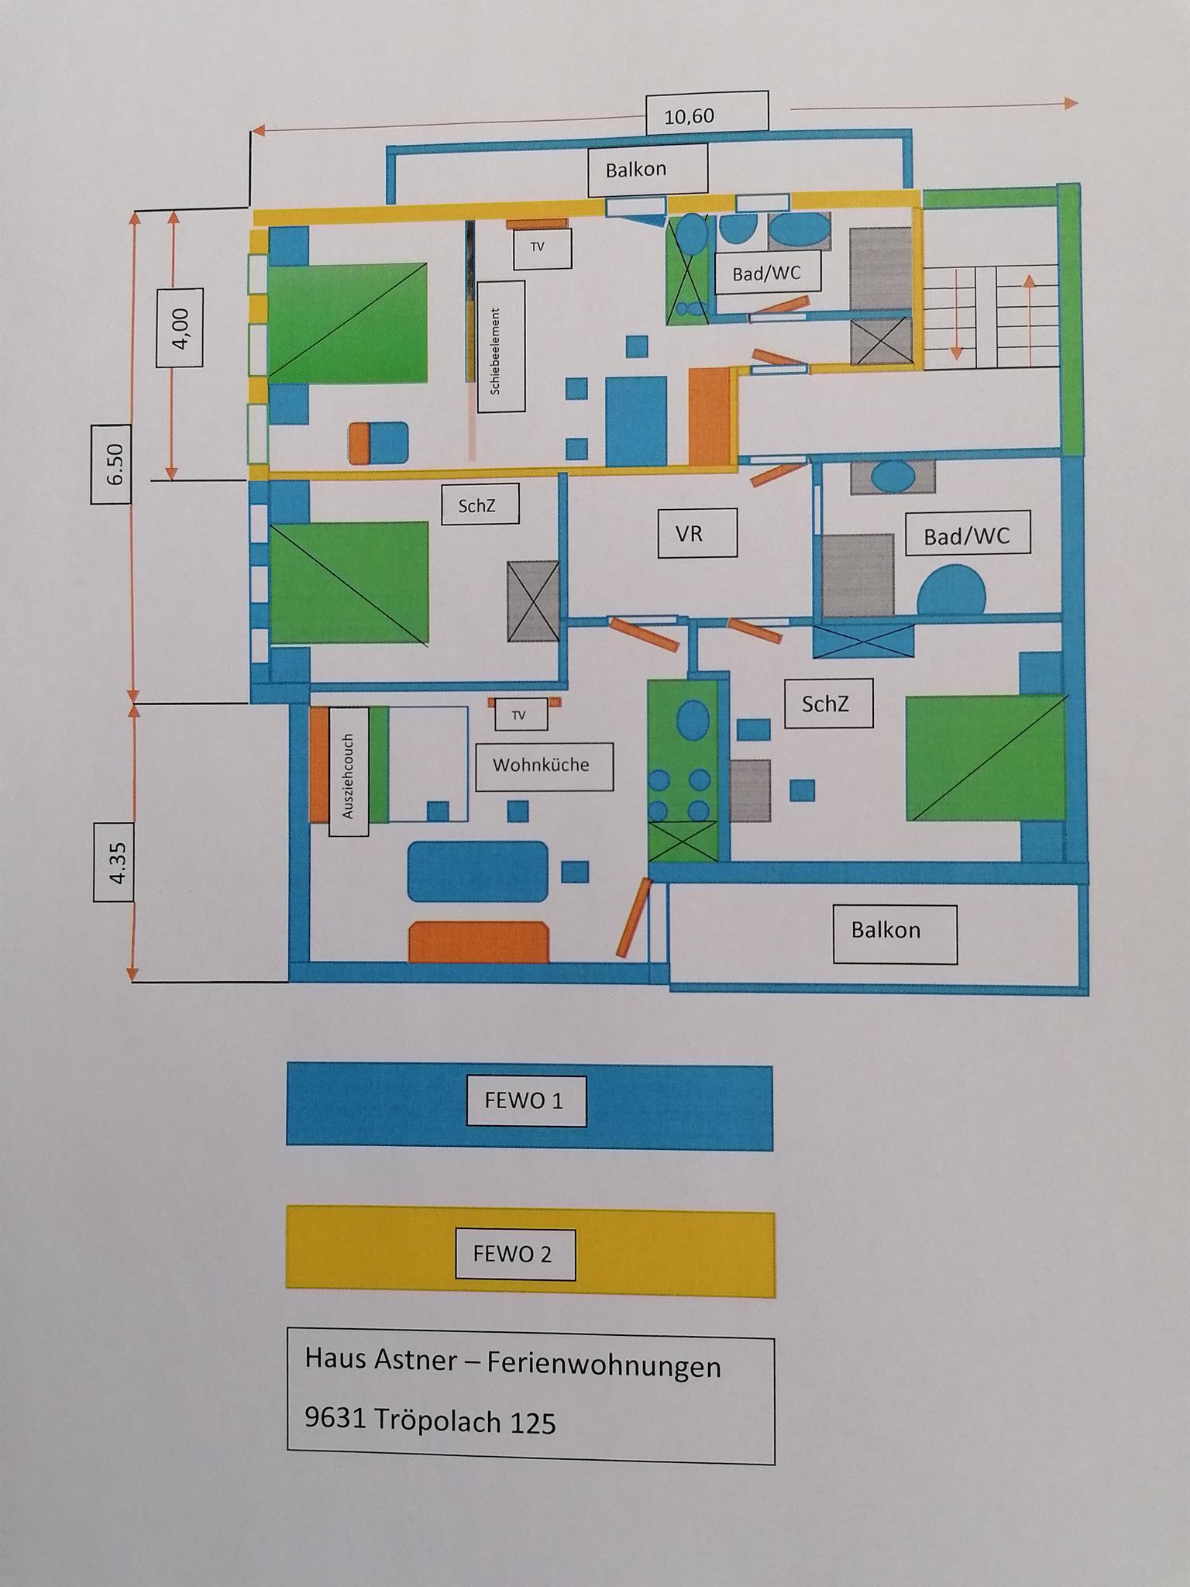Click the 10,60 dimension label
point(689,116)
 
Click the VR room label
point(689,533)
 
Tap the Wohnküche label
point(542,766)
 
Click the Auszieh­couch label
point(349,775)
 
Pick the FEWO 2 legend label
point(513,1255)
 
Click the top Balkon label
point(637,170)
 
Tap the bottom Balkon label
point(886,930)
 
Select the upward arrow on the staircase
point(1030,318)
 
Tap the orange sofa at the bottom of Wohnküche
point(478,942)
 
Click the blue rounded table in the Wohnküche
point(478,871)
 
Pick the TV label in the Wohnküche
point(519,715)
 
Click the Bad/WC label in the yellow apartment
point(765,274)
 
